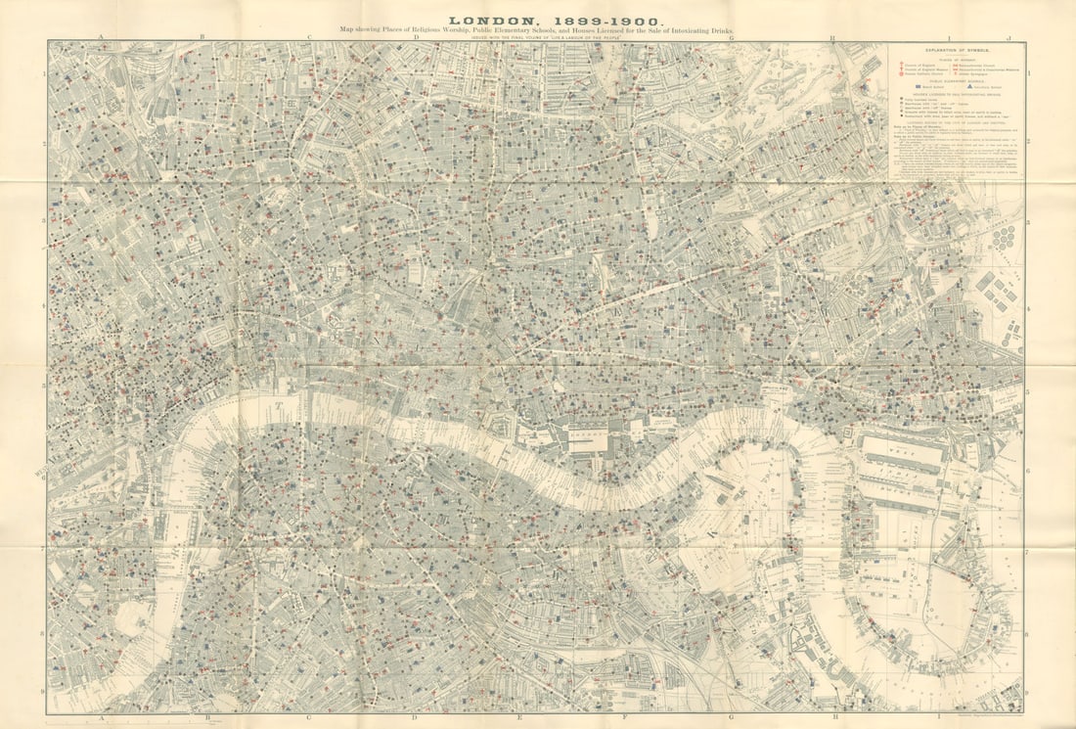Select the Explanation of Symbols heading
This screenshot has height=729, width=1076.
(957, 50)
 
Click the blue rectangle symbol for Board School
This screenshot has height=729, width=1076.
(919, 86)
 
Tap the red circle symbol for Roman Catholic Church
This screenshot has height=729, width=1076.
(902, 74)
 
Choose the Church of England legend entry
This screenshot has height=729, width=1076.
(919, 65)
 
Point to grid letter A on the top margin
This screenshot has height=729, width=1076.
(101, 36)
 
